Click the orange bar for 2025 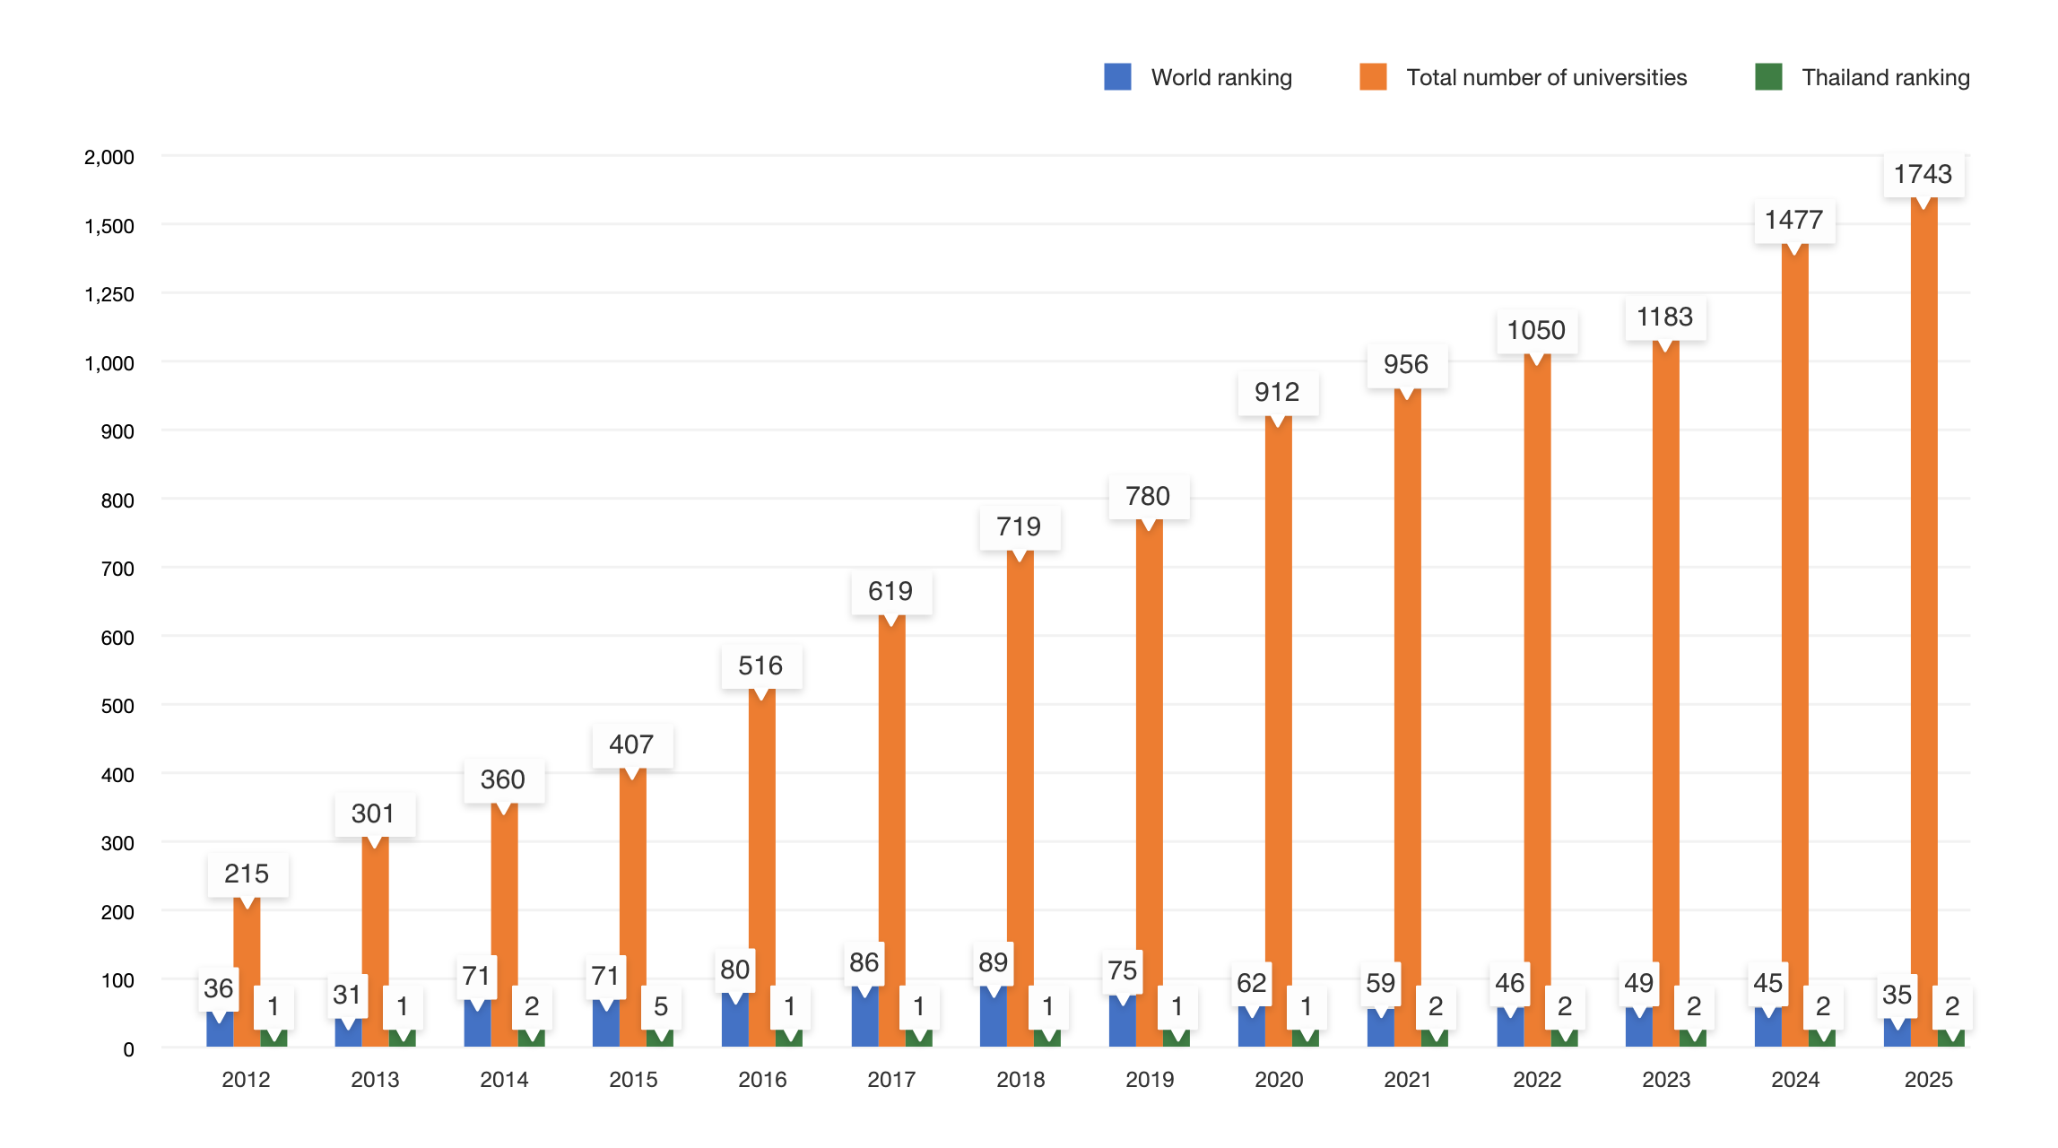point(1923,628)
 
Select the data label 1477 point(1793,220)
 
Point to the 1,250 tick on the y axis point(109,294)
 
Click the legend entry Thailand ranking point(1885,78)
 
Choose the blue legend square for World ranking point(1117,77)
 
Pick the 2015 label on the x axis point(633,1079)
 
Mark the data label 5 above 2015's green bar point(661,1006)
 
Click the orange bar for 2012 point(247,978)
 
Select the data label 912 point(1276,392)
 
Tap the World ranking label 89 point(993,962)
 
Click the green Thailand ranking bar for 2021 point(1434,1039)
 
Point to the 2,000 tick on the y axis point(109,157)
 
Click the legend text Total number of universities point(1546,78)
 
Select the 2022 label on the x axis point(1537,1079)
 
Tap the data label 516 point(760,665)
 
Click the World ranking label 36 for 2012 point(218,988)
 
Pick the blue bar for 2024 point(1767,1029)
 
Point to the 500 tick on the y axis point(117,706)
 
